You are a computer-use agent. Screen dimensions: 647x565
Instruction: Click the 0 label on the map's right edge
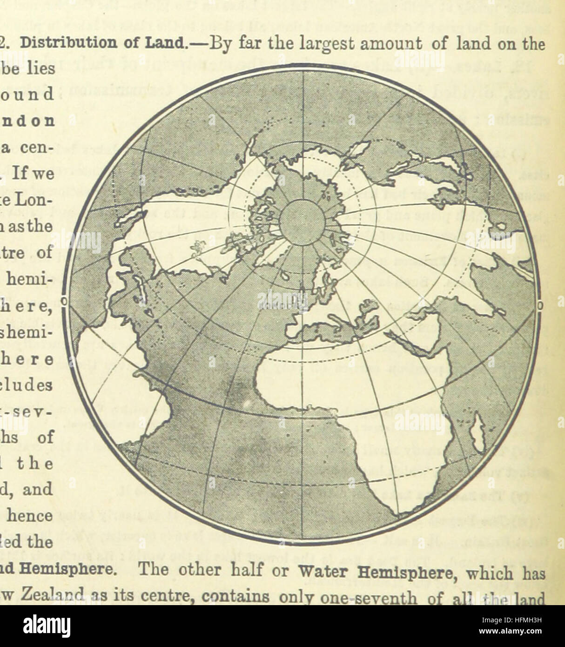(540, 306)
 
